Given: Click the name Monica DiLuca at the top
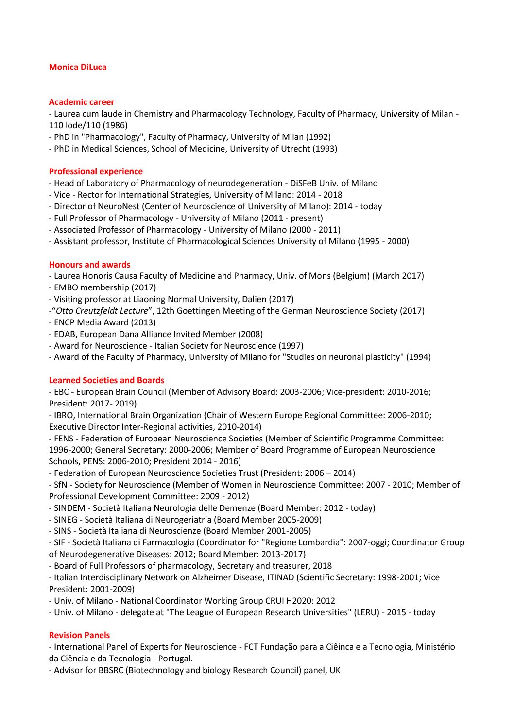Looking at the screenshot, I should [78, 67].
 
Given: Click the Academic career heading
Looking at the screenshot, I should [82, 102].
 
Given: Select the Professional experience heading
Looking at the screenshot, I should [96, 171].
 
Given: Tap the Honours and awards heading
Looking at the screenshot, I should [89, 265].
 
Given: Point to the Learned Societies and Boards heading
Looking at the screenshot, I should [106, 380].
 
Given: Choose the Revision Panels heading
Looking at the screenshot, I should [79, 635].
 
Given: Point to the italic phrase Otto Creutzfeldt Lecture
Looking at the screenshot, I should [102, 311].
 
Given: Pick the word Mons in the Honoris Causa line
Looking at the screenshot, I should [320, 276].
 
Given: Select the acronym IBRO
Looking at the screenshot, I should [63, 415].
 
